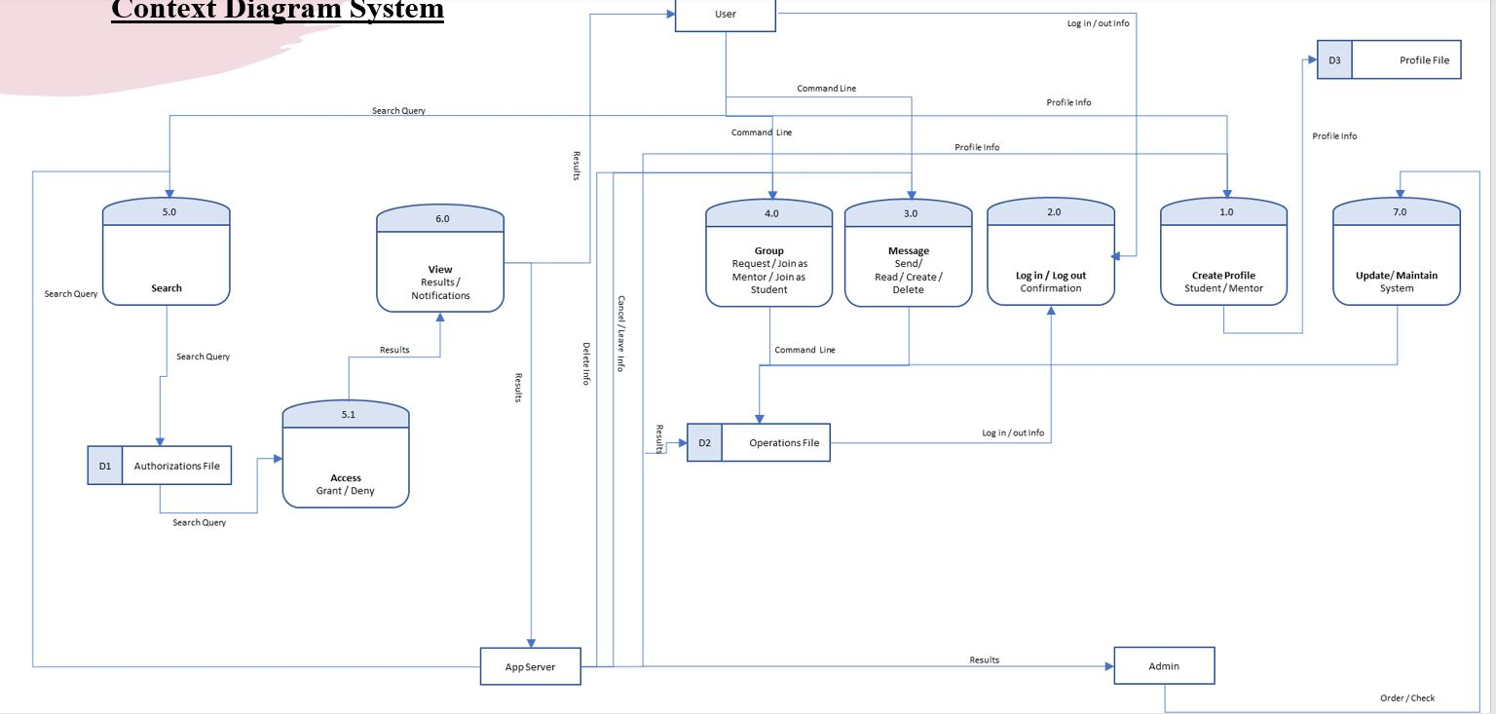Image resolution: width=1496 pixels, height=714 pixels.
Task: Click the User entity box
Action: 725,15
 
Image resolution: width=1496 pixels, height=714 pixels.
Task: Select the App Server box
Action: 530,666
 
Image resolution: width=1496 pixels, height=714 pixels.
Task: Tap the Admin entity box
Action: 1164,666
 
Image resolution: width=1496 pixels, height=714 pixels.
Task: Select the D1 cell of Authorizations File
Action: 105,467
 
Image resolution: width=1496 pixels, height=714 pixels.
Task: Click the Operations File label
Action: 784,443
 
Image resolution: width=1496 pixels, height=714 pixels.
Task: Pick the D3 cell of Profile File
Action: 1334,60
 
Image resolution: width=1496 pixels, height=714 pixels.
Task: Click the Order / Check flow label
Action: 1406,697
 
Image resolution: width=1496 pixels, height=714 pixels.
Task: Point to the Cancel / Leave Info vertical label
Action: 620,333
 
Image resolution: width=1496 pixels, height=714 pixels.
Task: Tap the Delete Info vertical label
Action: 586,363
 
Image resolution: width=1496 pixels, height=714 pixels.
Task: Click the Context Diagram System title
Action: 278,11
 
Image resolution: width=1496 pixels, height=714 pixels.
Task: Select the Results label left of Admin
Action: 984,659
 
